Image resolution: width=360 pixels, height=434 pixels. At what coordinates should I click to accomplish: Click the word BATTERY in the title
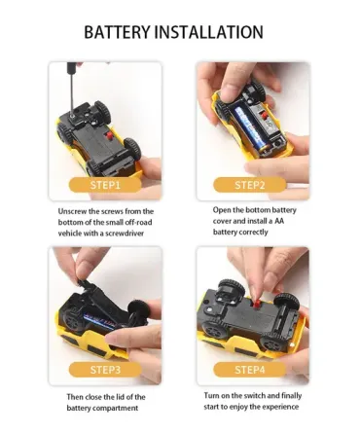pyautogui.click(x=117, y=32)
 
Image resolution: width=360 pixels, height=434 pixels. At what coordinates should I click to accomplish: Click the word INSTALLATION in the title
pyautogui.click(x=208, y=32)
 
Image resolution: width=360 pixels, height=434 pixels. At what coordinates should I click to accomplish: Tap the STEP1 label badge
pyautogui.click(x=105, y=185)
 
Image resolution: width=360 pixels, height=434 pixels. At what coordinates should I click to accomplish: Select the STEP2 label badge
pyautogui.click(x=250, y=185)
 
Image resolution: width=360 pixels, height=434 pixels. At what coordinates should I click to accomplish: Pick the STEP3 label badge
pyautogui.click(x=105, y=370)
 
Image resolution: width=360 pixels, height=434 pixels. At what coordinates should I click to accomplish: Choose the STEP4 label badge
pyautogui.click(x=250, y=370)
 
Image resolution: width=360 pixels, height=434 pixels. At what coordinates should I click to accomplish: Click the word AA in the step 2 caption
pyautogui.click(x=279, y=221)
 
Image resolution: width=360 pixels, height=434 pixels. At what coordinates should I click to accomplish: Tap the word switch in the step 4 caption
pyautogui.click(x=255, y=396)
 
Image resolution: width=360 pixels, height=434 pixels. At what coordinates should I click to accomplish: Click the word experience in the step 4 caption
pyautogui.click(x=280, y=407)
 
